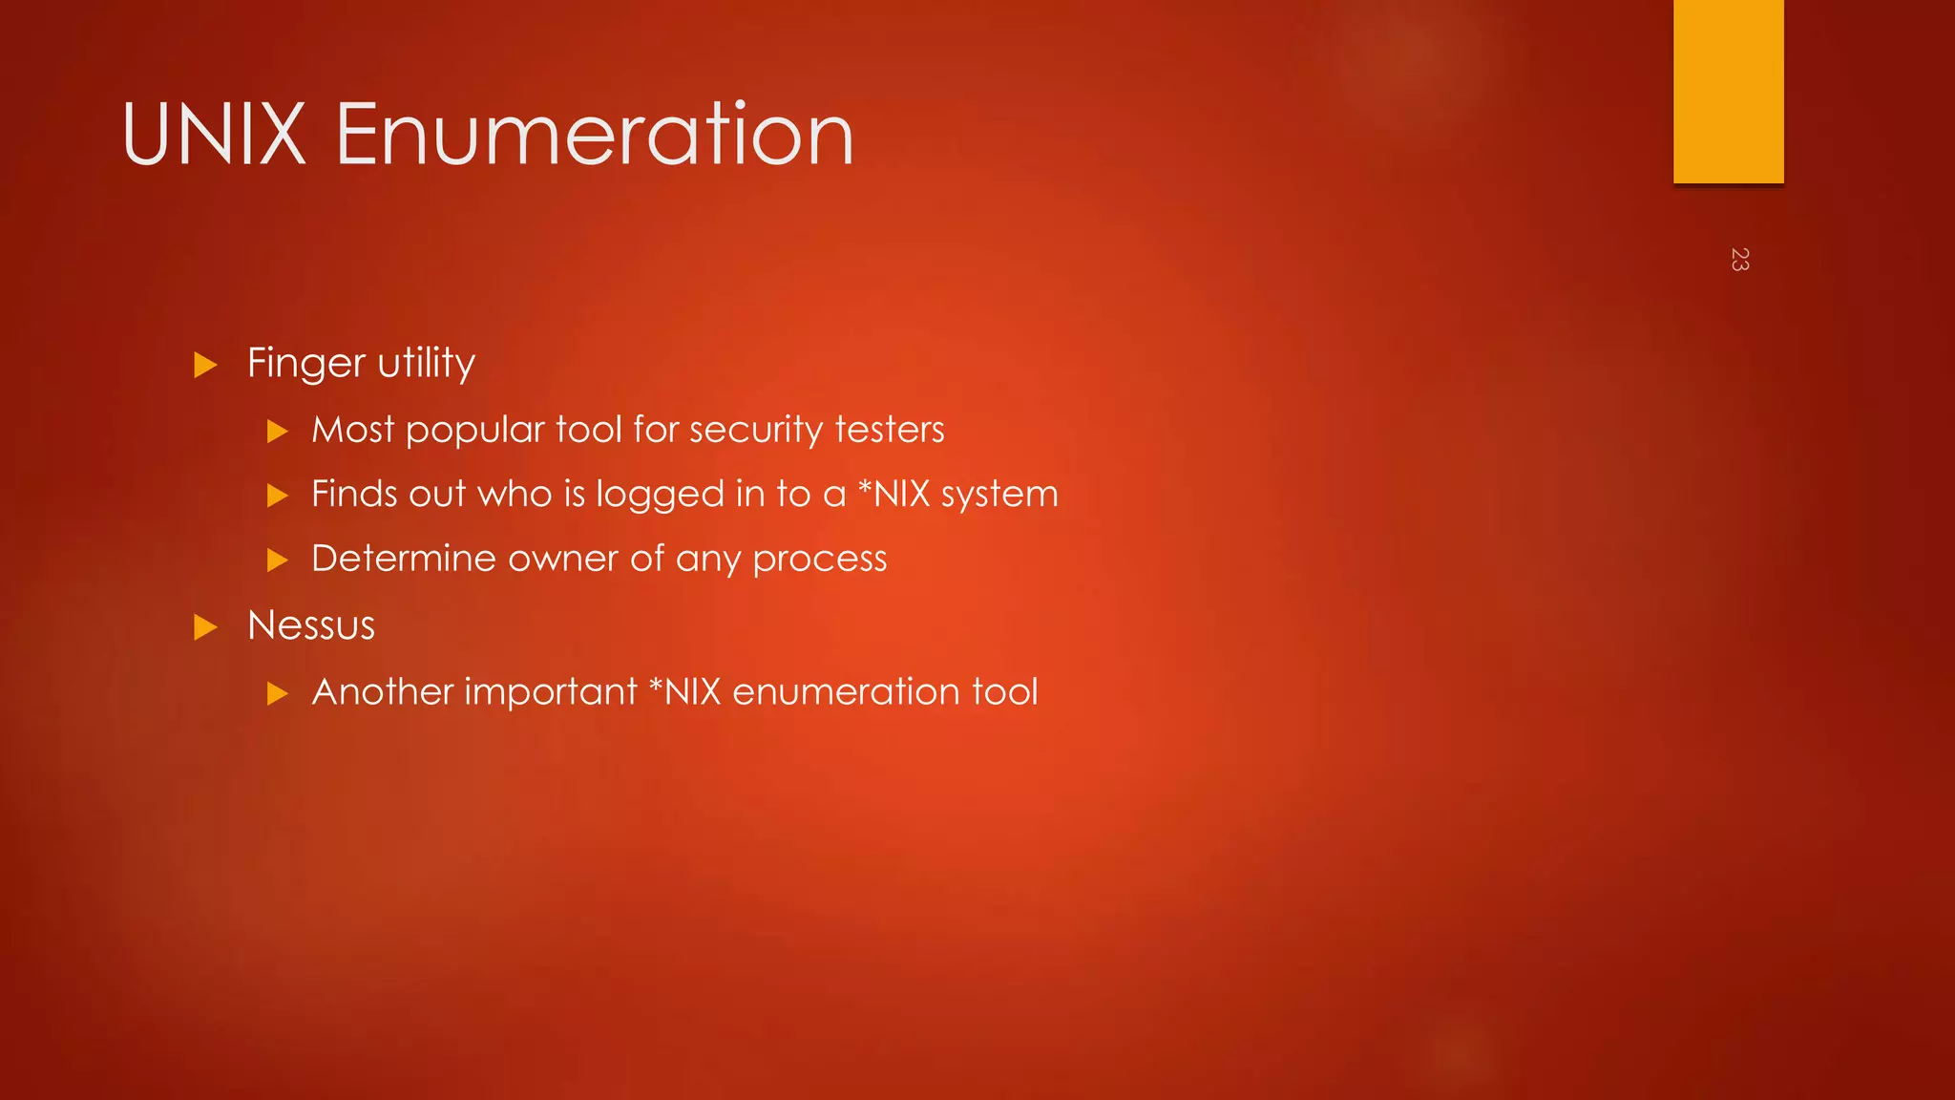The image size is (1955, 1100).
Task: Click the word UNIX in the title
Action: point(214,135)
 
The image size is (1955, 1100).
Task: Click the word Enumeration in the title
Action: point(594,135)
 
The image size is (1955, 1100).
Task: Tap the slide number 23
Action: point(1739,259)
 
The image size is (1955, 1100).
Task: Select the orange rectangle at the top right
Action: point(1728,92)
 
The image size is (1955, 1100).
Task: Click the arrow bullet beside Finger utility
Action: point(205,365)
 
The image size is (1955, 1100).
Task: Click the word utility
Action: point(426,364)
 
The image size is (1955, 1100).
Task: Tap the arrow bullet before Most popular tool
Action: point(277,432)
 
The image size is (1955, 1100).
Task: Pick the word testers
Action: point(889,430)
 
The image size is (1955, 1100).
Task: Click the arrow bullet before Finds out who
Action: point(277,496)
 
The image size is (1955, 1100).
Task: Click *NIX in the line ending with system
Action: point(893,494)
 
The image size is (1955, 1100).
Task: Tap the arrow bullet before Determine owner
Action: point(277,560)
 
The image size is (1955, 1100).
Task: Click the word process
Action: point(819,560)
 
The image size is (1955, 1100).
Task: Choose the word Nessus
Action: point(311,625)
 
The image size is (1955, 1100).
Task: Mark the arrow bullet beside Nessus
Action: point(205,627)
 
